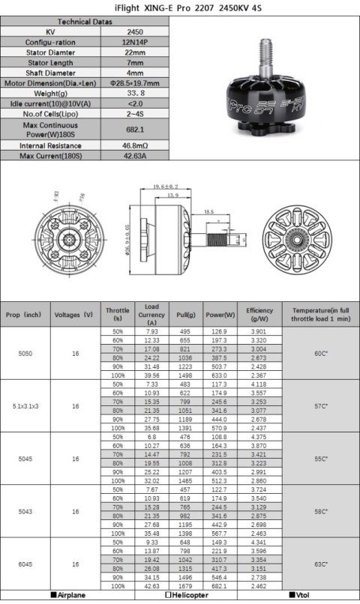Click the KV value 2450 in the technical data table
[x=134, y=32]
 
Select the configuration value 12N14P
[x=134, y=43]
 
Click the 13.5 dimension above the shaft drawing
[x=209, y=212]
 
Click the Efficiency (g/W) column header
[x=259, y=314]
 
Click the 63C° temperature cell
[x=320, y=563]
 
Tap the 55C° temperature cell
[x=320, y=458]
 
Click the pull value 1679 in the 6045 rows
[x=185, y=585]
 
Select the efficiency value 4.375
[x=259, y=437]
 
